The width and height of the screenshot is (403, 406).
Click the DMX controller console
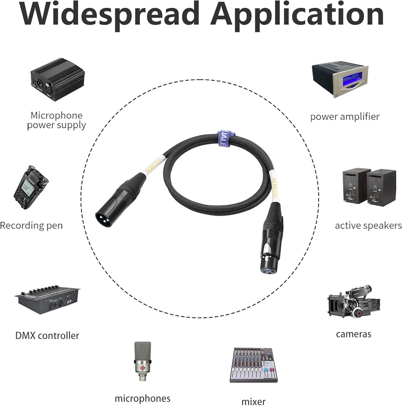pos(47,300)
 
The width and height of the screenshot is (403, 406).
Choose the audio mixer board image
pos(254,364)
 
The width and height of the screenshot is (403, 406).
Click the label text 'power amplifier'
pos(345,117)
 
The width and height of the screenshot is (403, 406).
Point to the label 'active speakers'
pos(368,225)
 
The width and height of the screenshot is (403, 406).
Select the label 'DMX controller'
pos(47,335)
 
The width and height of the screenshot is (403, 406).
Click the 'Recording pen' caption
pos(31,225)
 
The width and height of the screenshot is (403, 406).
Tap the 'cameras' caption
pos(354,334)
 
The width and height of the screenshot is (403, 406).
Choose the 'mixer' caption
pos(253,402)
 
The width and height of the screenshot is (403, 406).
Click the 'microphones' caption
pos(142,398)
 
